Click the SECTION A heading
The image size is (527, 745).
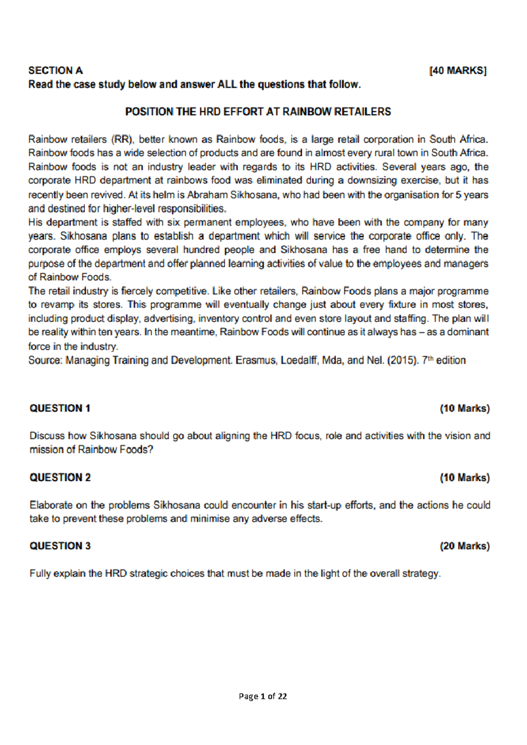[55, 70]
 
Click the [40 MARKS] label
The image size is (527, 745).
[458, 71]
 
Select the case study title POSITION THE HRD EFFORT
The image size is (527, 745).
[258, 112]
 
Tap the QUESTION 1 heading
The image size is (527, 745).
[60, 408]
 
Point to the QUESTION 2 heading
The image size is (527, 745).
[60, 477]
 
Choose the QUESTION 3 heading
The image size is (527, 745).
[60, 546]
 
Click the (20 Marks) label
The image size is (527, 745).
[465, 546]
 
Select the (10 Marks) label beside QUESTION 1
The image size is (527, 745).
[465, 409]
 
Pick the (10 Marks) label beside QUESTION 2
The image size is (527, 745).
[465, 477]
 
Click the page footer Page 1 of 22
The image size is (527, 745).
[263, 696]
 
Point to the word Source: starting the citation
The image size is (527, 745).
[45, 361]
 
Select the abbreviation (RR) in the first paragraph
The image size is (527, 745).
[122, 140]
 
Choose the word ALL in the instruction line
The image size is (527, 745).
[227, 84]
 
